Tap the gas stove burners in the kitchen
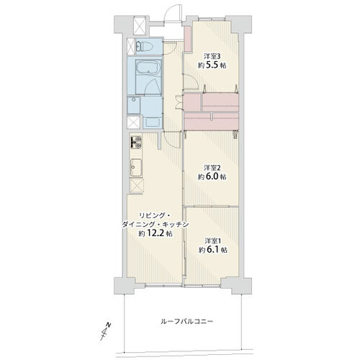pos(135,142)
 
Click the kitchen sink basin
pos(136,167)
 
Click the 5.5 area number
pos(212,66)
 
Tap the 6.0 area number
pos(212,177)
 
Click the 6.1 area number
pos(212,250)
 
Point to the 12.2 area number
pos(156,233)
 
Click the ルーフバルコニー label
pos(186,321)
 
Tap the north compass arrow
pos(106,331)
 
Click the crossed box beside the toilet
pos(131,46)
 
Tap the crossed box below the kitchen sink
pos(136,186)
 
